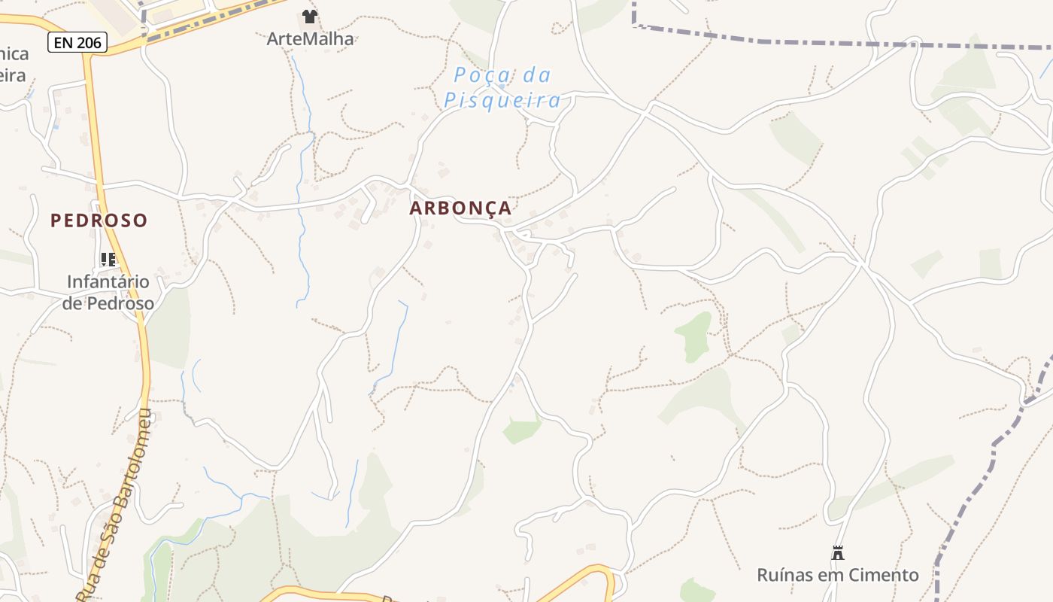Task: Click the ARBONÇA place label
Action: (460, 208)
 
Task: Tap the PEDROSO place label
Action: (99, 220)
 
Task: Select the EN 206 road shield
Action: (77, 43)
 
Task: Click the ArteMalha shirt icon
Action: (309, 16)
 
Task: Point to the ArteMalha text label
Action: (310, 38)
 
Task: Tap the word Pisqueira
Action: (502, 100)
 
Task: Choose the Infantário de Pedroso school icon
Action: (108, 260)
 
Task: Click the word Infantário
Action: (108, 282)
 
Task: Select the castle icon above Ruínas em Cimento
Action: (838, 553)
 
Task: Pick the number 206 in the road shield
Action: (89, 43)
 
